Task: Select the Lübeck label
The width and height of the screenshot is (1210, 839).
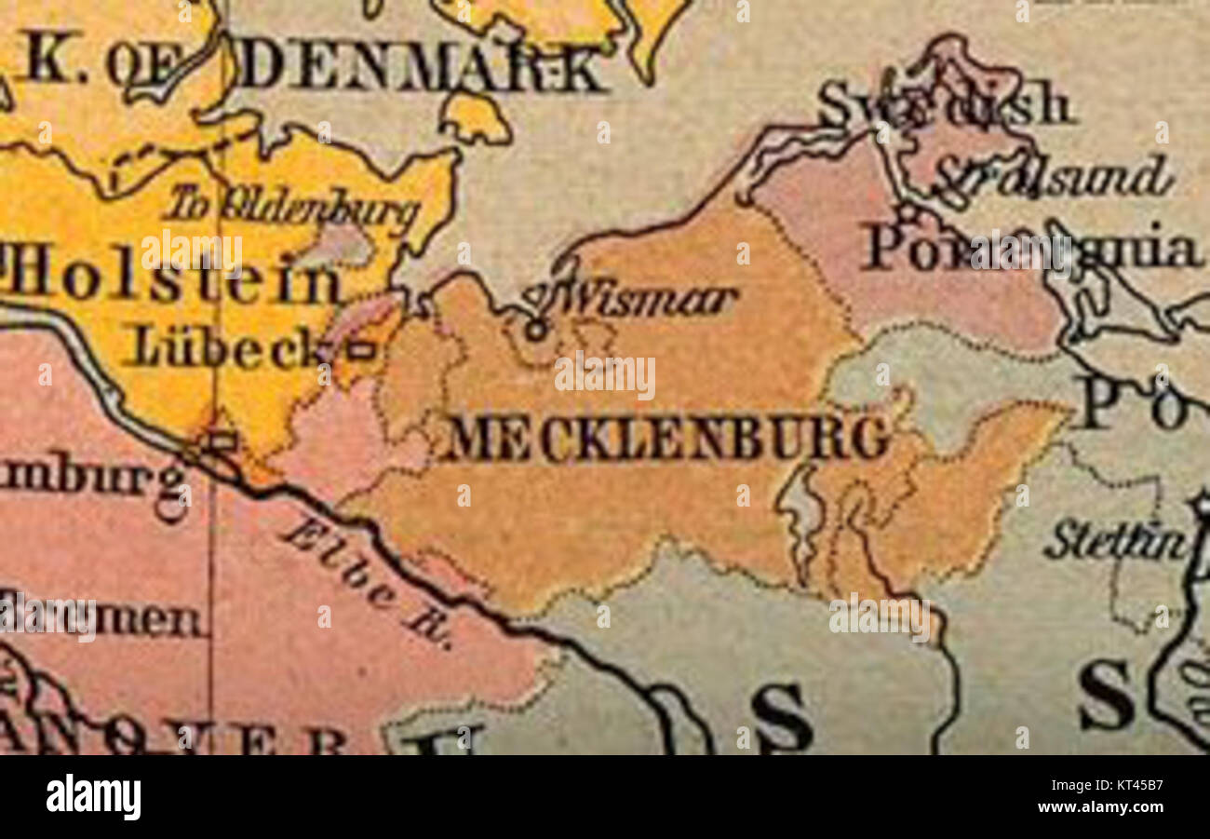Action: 224,348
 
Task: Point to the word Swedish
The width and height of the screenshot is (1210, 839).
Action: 944,103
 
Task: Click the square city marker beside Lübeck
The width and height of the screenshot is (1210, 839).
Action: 361,351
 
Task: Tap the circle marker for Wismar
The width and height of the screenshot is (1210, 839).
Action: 535,329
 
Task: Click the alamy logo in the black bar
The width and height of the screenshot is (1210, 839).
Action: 94,797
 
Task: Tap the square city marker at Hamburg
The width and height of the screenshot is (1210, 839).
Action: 222,440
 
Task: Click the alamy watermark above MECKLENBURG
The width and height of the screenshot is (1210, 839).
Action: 605,375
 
